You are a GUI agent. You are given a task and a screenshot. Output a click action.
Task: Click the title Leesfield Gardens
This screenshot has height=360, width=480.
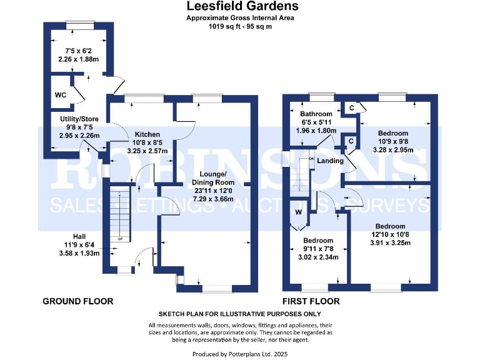coord(242,7)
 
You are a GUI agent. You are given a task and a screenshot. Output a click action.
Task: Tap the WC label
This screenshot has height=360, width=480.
coord(61,95)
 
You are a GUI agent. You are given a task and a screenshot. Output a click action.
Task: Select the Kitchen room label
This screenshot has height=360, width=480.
coord(146,134)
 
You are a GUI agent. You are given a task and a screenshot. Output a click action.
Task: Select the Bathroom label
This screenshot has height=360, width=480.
coord(316,114)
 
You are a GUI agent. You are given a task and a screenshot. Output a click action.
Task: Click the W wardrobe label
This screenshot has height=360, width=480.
coord(298,211)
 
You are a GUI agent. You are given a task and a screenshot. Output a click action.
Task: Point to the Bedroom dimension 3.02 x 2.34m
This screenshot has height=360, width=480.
coord(318,257)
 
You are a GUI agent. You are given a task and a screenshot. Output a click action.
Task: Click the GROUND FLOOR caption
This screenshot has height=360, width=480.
coord(77,301)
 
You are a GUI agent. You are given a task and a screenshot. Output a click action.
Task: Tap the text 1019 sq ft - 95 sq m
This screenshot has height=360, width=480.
coord(241,27)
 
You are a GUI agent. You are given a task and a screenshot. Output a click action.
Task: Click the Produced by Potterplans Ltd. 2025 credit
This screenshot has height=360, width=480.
coord(240,354)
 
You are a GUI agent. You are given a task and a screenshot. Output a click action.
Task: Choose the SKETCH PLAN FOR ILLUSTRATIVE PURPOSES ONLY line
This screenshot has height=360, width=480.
coord(240,314)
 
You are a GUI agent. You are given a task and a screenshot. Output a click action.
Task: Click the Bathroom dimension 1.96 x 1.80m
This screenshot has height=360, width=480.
coord(316,131)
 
